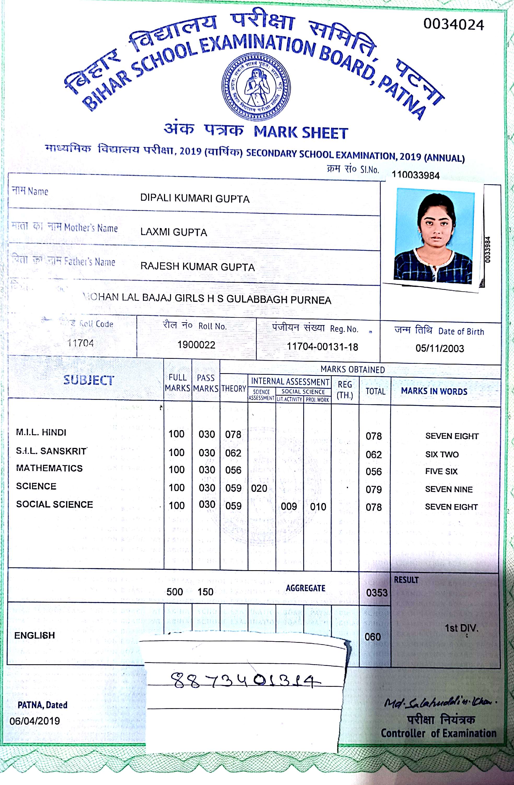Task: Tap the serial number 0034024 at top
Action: click(x=453, y=25)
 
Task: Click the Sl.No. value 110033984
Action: click(x=416, y=175)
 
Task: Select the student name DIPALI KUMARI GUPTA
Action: click(x=195, y=199)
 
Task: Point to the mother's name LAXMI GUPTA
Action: click(x=174, y=232)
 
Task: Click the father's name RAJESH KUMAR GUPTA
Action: click(x=197, y=267)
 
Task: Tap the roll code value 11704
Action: click(x=80, y=343)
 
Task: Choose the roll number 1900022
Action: click(x=196, y=345)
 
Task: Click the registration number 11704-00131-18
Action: click(x=322, y=347)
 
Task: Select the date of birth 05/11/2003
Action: click(x=440, y=348)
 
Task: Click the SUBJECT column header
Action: click(x=88, y=380)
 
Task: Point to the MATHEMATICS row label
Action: click(x=49, y=468)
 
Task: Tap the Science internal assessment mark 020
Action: click(x=259, y=488)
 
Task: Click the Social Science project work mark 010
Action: click(x=318, y=507)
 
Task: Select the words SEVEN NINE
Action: click(x=449, y=489)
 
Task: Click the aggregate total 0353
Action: click(x=377, y=593)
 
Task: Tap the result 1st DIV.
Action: click(x=461, y=628)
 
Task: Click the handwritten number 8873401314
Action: click(x=246, y=680)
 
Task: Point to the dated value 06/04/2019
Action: click(x=35, y=721)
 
